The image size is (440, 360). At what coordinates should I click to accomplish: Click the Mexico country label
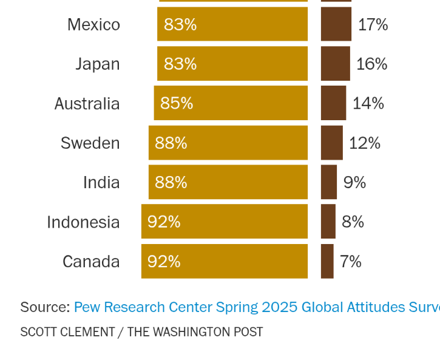[x=93, y=24]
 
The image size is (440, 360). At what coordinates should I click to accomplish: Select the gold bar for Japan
[x=232, y=64]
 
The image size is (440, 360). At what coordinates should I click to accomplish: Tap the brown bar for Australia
[x=333, y=103]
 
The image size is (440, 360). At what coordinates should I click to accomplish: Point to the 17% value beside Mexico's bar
[x=373, y=24]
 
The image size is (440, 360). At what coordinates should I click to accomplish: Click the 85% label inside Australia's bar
[x=177, y=103]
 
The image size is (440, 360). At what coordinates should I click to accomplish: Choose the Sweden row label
[x=90, y=143]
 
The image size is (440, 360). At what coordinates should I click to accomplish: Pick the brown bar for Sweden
[x=331, y=143]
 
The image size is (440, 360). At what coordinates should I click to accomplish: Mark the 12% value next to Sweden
[x=365, y=143]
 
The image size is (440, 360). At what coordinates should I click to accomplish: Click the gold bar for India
[x=228, y=182]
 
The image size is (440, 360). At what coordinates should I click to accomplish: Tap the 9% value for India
[x=354, y=182]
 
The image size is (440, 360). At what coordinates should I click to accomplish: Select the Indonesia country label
[x=83, y=222]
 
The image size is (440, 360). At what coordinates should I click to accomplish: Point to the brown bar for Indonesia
[x=328, y=222]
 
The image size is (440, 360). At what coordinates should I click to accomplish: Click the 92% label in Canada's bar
[x=164, y=262]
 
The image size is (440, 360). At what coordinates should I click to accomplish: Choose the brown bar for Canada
[x=327, y=262]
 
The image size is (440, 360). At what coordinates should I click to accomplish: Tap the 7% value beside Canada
[x=351, y=262]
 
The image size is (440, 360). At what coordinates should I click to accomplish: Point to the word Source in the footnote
[x=45, y=307]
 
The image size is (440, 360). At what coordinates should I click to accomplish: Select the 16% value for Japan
[x=371, y=64]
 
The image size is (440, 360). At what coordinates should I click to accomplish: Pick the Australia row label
[x=87, y=104]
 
